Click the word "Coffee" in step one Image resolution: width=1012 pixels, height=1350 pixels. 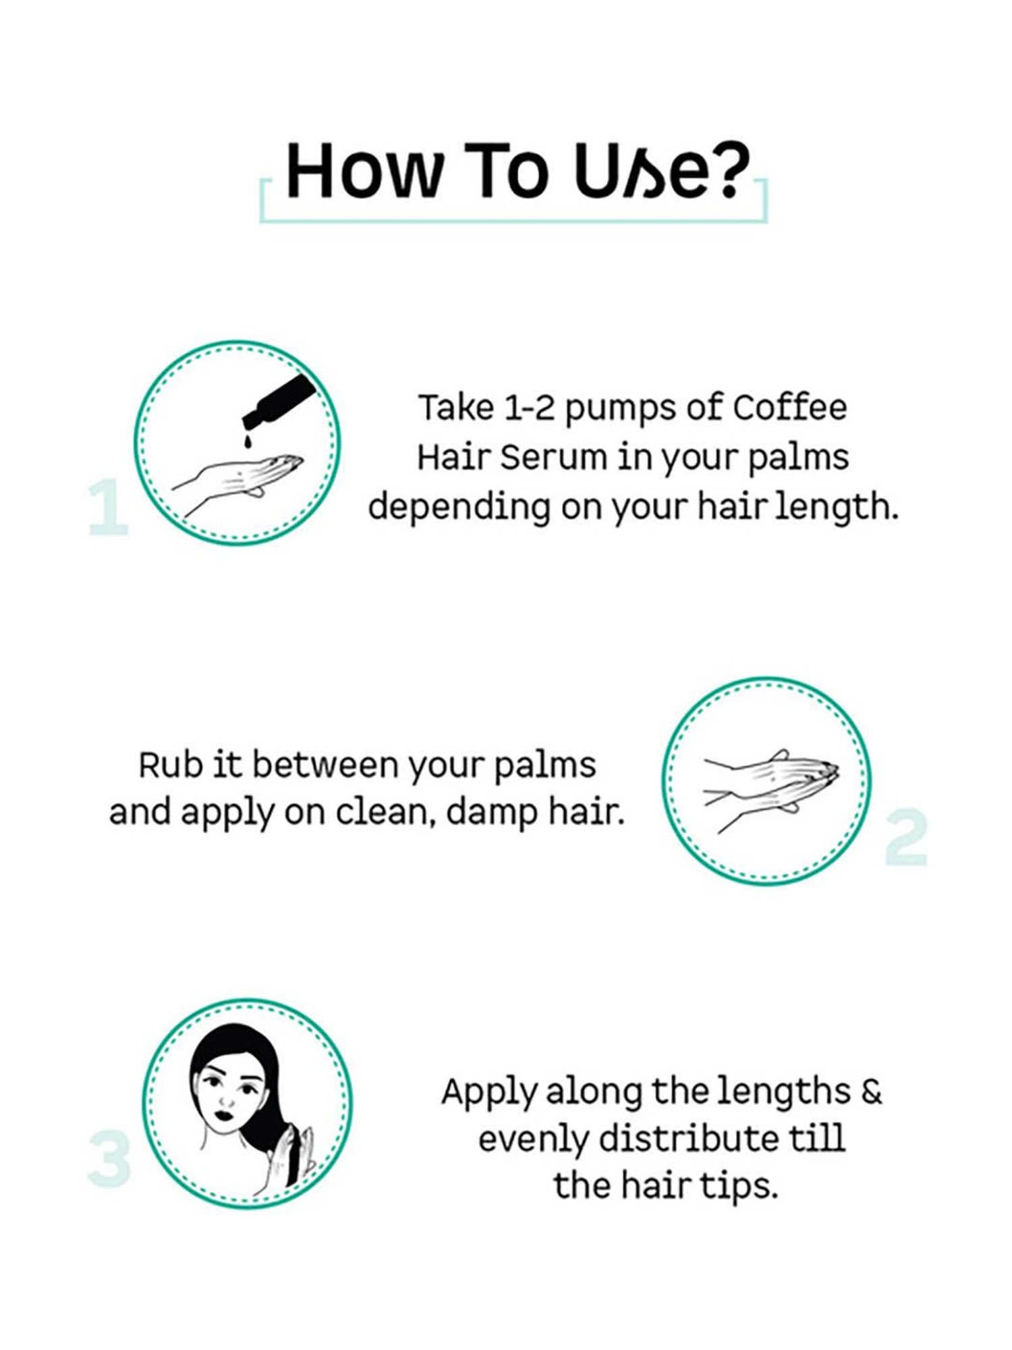789,408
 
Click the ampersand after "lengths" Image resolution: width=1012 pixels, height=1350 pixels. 872,1091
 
